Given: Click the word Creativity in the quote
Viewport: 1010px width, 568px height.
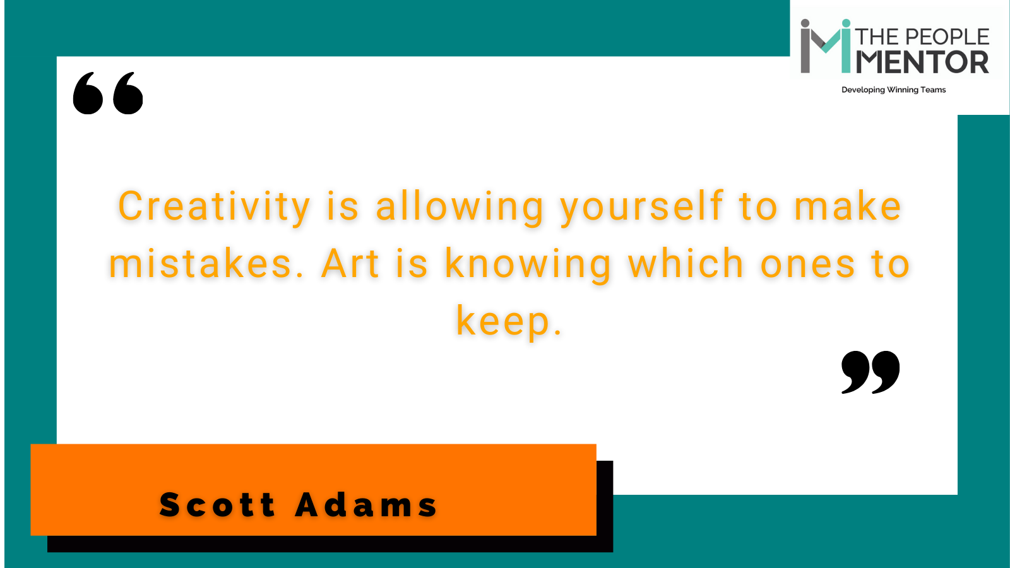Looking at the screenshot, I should [x=214, y=206].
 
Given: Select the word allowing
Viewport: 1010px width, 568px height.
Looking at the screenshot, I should [x=460, y=208].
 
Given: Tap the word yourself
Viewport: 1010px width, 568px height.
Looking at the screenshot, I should [x=641, y=208].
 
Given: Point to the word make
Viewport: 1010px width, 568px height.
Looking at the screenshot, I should [x=848, y=206].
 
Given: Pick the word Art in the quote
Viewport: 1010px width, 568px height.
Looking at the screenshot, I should [x=350, y=264].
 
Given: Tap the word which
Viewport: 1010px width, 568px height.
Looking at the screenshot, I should [x=686, y=263].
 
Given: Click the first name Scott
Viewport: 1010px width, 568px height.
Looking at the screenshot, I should [x=217, y=505].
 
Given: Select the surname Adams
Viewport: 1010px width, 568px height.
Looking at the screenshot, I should [x=366, y=505].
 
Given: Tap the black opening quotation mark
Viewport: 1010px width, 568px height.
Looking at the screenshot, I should [x=108, y=93].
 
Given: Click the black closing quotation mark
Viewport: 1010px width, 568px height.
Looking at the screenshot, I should [x=870, y=372].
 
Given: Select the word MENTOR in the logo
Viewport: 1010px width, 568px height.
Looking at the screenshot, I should [x=922, y=62].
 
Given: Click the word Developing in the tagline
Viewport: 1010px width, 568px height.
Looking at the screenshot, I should [x=862, y=90].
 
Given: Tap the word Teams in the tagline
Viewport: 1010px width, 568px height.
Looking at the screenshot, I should [x=933, y=90].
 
